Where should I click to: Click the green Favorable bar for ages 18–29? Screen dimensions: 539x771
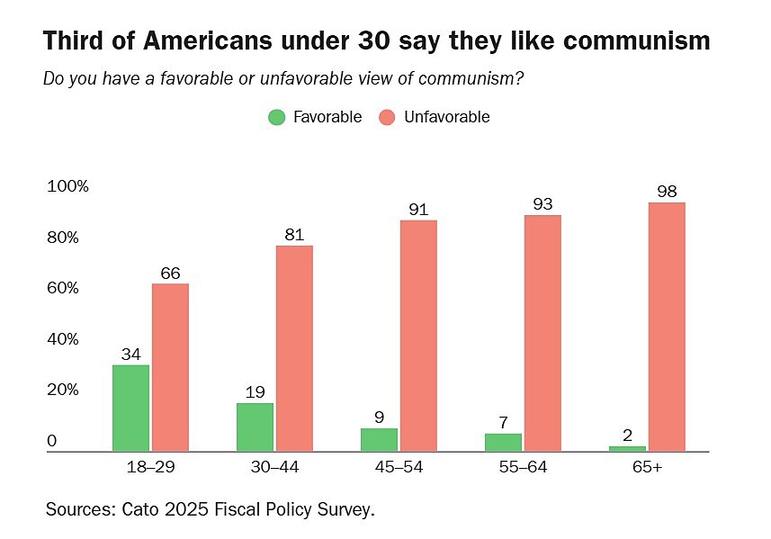tap(130, 407)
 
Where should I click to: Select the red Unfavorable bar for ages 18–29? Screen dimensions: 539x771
tap(170, 367)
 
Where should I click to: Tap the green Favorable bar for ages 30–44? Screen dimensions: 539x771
tap(255, 427)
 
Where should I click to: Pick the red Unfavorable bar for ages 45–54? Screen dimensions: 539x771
tap(418, 335)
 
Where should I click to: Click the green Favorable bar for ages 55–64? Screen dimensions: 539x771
tap(503, 442)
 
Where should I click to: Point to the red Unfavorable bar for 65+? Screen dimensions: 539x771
tap(667, 326)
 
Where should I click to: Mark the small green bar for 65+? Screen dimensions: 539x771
tap(627, 448)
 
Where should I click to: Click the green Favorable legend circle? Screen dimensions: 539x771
tap(277, 117)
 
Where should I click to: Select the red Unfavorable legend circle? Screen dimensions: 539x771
tap(388, 117)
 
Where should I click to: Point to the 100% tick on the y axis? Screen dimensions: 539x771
tap(67, 186)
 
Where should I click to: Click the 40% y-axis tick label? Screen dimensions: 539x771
tap(64, 339)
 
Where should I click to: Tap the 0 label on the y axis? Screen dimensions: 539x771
tap(52, 441)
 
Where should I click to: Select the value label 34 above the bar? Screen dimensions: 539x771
tap(130, 353)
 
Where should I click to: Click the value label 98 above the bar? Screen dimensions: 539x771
tap(667, 191)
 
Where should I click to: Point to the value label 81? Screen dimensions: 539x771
tap(294, 234)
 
